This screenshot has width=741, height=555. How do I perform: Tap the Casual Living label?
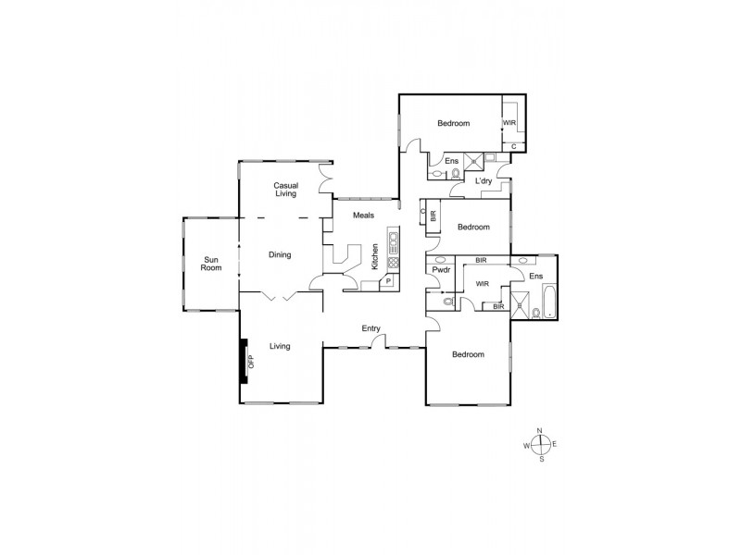tap(284, 190)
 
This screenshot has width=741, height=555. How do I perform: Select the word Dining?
tap(280, 254)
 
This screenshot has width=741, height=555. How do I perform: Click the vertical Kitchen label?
tap(375, 254)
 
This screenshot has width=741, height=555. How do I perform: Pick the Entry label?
tap(371, 327)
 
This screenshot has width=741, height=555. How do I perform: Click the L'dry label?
tap(484, 181)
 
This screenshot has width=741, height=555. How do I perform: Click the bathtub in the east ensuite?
tap(547, 299)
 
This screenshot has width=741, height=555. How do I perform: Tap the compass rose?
tap(542, 445)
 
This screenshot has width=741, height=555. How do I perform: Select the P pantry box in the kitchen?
tap(389, 281)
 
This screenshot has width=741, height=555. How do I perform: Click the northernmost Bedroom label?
tap(453, 123)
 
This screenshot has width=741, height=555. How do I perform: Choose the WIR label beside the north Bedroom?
tap(509, 122)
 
